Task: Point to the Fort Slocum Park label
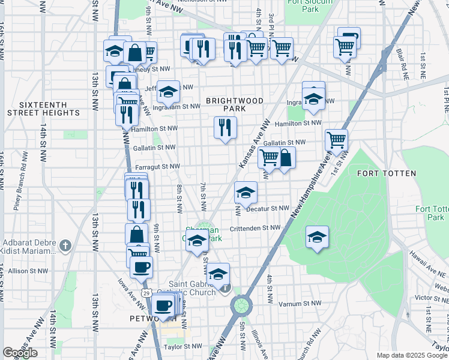303,5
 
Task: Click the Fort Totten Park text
431,213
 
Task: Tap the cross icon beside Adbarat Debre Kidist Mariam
65,245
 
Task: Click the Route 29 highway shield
146,292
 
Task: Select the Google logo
20,353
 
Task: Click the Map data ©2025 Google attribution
412,355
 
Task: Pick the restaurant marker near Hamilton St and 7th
225,127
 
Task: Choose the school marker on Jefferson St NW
169,92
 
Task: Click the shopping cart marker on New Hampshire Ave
336,140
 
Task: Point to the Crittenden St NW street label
255,228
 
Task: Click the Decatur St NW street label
264,208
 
